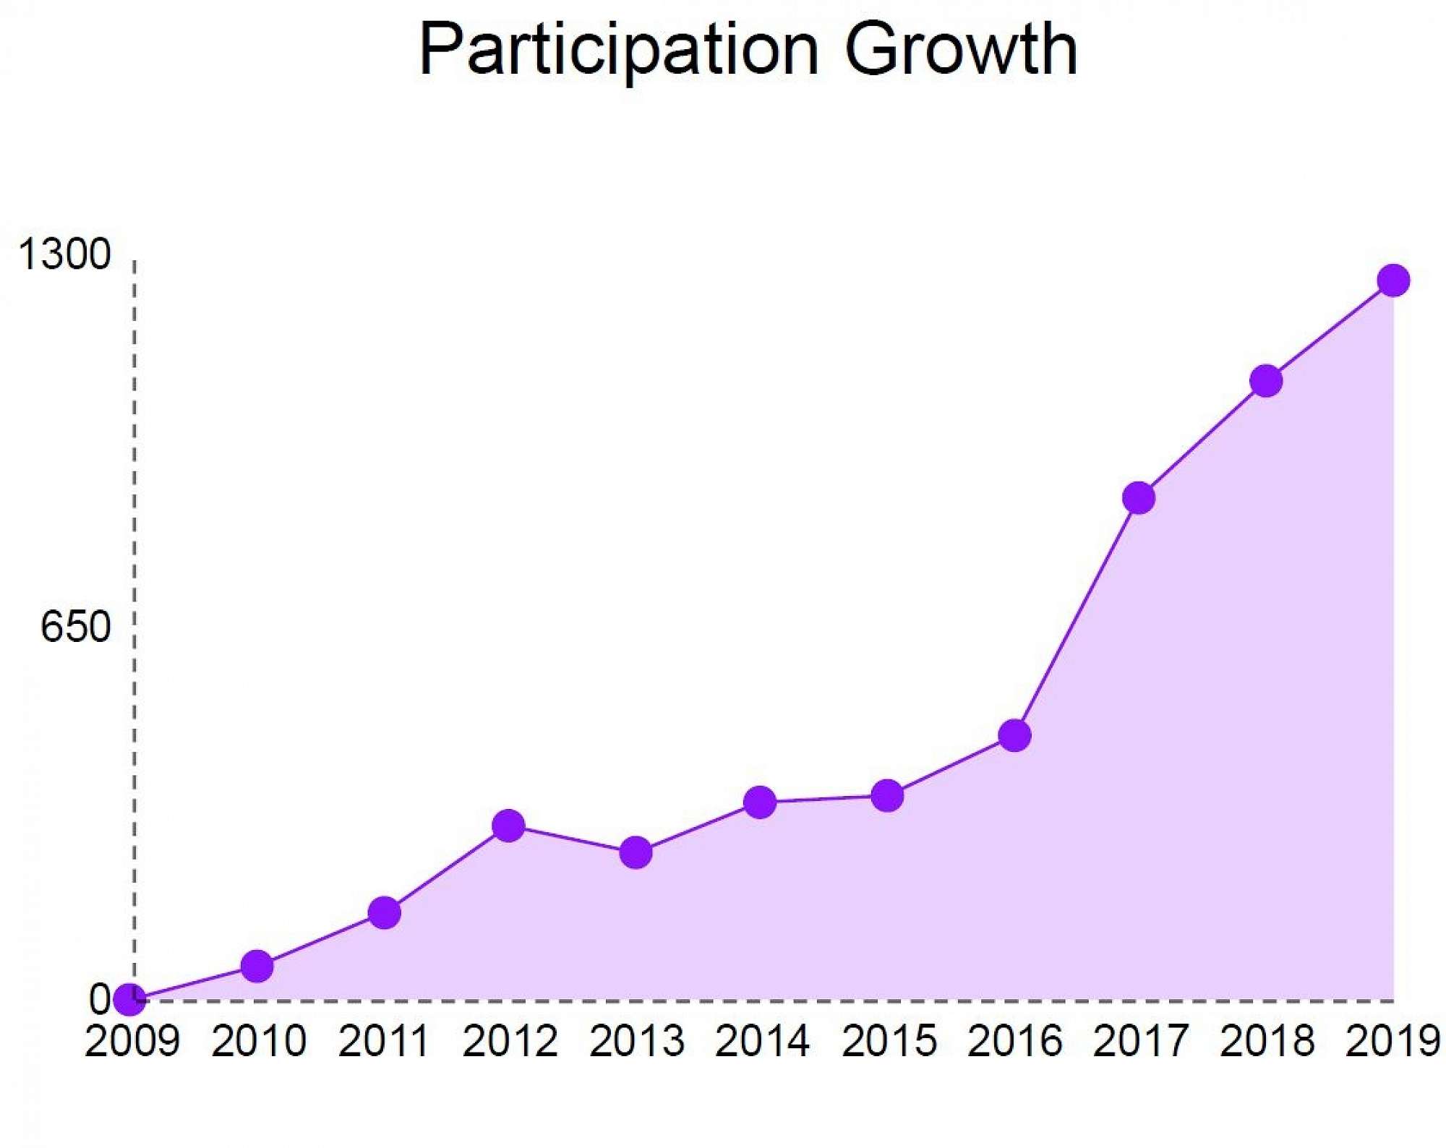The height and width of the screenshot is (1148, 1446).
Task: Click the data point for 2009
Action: (x=129, y=1000)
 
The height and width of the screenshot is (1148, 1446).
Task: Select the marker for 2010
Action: (x=257, y=966)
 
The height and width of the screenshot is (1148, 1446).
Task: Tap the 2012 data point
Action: (x=508, y=826)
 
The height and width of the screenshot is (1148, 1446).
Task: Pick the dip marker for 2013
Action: (x=636, y=853)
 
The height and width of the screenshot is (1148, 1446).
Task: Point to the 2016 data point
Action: (x=1014, y=735)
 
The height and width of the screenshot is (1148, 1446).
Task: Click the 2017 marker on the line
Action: (x=1139, y=498)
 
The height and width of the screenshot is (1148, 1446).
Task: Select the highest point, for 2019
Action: (x=1393, y=280)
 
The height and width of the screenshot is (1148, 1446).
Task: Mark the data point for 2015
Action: (x=887, y=796)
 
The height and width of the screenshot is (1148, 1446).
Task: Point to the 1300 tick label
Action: (x=65, y=254)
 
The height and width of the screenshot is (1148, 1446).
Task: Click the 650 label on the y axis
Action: (x=75, y=626)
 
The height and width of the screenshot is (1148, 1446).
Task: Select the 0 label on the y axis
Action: (x=100, y=999)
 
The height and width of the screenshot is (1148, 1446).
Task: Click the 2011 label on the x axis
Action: (x=384, y=1042)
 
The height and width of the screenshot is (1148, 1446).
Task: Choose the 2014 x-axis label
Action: (x=762, y=1042)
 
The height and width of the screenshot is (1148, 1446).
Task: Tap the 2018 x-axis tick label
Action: (x=1267, y=1042)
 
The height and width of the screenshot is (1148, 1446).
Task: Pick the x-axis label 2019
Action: (x=1392, y=1042)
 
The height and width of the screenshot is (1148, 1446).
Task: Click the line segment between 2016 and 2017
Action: (x=1077, y=617)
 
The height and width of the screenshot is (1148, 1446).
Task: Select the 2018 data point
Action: (x=1266, y=381)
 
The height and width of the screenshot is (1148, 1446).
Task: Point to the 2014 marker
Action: (x=760, y=802)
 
